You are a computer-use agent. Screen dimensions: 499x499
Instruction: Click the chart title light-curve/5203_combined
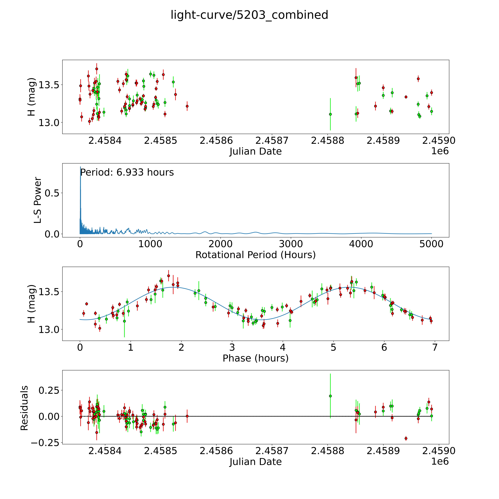pyautogui.click(x=249, y=15)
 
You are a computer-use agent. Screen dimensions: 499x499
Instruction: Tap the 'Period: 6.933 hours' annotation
pyautogui.click(x=127, y=172)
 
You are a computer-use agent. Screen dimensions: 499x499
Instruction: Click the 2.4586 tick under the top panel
pyautogui.click(x=216, y=141)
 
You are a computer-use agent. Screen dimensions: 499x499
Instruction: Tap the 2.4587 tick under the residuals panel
pyautogui.click(x=272, y=451)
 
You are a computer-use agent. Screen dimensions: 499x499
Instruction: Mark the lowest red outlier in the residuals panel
pyautogui.click(x=406, y=438)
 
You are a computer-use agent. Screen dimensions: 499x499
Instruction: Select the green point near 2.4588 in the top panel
pyautogui.click(x=330, y=114)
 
